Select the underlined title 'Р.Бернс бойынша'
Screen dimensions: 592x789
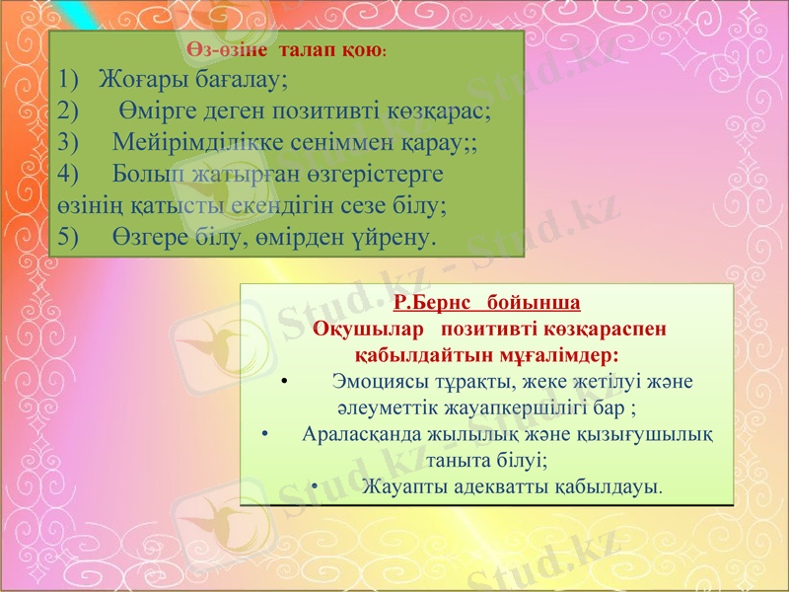click(x=485, y=301)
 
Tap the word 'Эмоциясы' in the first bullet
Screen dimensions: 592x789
click(x=378, y=381)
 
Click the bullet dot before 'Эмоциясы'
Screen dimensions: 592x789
click(x=283, y=381)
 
